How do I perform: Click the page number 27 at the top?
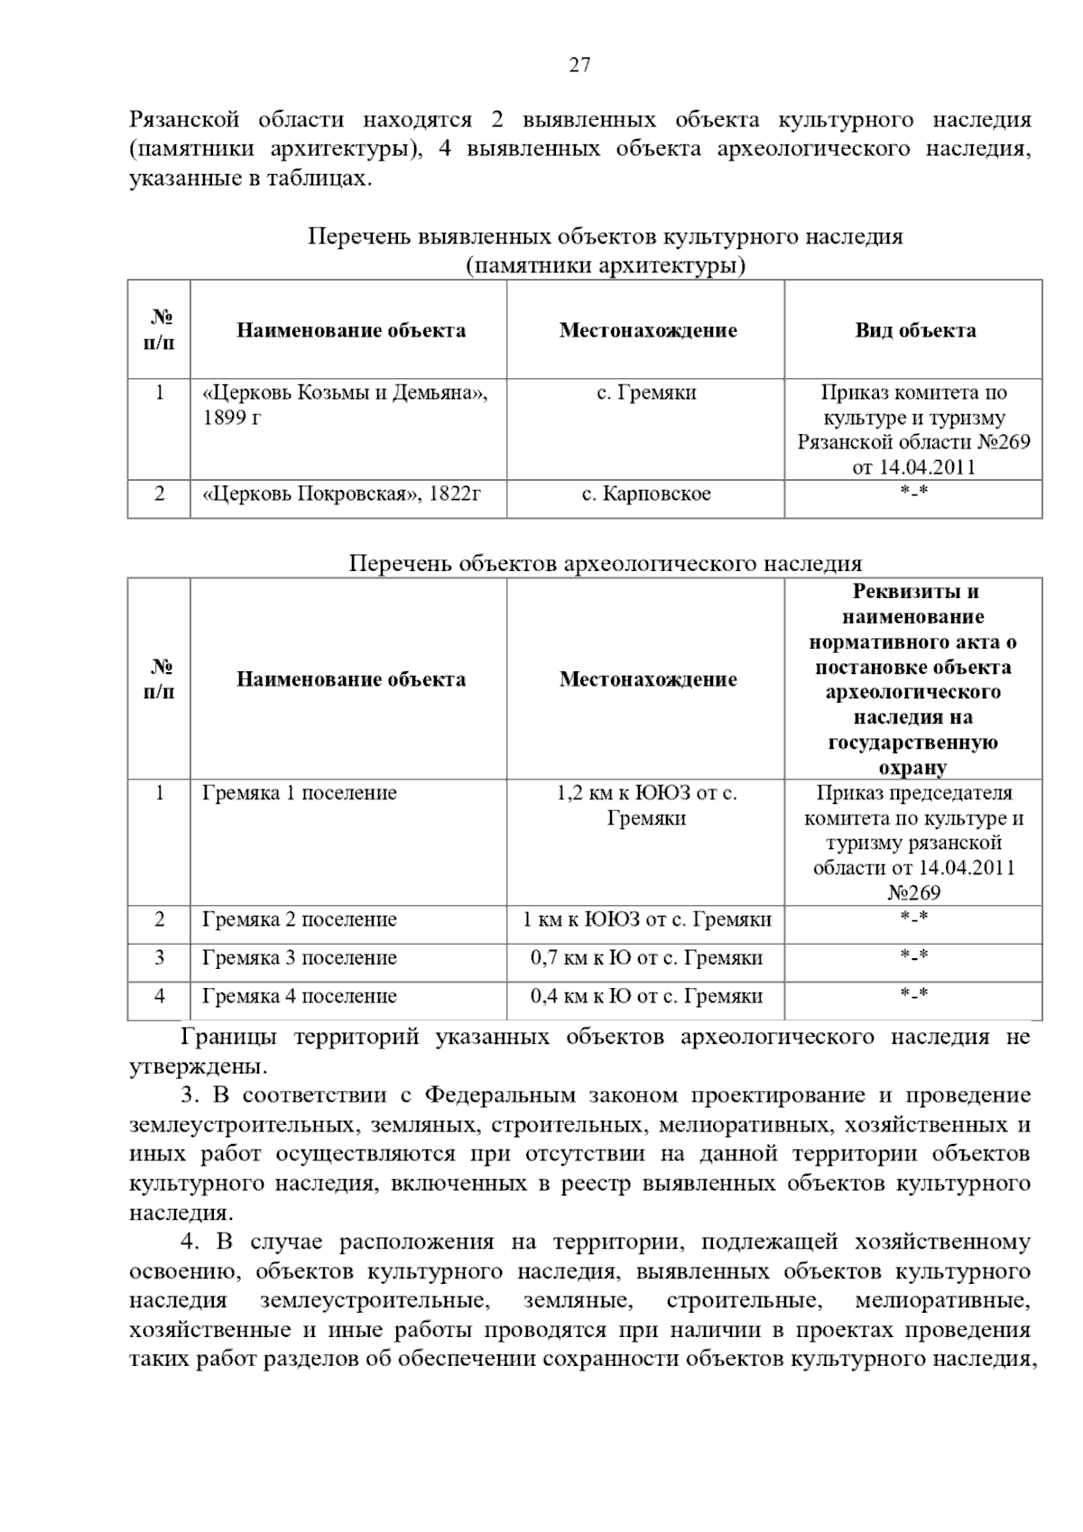579,65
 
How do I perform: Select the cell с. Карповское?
645,494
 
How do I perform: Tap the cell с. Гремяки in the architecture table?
646,393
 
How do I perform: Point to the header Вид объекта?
915,330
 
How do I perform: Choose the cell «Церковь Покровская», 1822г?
343,494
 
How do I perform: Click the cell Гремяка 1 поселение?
300,793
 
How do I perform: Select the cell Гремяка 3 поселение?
300,958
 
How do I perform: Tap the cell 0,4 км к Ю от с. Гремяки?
646,997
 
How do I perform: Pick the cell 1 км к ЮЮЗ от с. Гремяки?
646,920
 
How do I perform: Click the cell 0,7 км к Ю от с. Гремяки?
646,958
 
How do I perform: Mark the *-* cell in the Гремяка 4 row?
913,996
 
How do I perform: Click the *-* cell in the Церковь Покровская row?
913,494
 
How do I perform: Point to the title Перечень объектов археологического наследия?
606,564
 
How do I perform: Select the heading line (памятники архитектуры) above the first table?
606,266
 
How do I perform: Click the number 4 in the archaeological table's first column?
160,996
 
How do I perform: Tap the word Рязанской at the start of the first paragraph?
185,120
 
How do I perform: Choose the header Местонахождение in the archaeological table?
647,679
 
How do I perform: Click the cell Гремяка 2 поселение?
300,920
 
